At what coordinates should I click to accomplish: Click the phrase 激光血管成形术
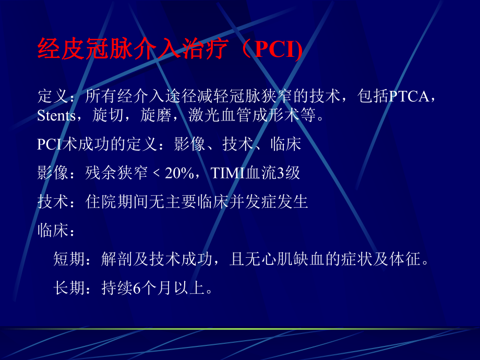(245, 115)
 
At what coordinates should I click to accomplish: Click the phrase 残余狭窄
(117, 173)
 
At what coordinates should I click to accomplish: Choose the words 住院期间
(117, 202)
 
